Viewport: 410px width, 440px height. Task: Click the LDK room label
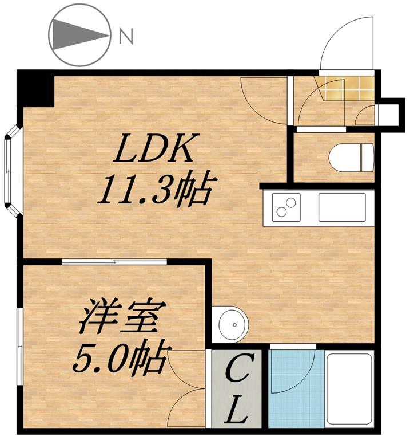(156, 148)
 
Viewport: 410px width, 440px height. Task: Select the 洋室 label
(123, 316)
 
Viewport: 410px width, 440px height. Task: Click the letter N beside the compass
(126, 36)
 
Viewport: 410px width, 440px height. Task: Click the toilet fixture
(351, 158)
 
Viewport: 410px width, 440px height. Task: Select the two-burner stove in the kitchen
(286, 207)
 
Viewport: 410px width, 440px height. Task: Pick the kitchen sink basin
(342, 207)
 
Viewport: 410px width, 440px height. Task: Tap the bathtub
(349, 389)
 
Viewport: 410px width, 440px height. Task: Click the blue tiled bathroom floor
(297, 389)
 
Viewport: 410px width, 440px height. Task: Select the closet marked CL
(237, 389)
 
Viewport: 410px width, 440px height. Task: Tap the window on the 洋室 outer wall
(19, 347)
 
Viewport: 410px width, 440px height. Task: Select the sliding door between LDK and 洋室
(114, 262)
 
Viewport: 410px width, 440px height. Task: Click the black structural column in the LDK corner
(35, 88)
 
